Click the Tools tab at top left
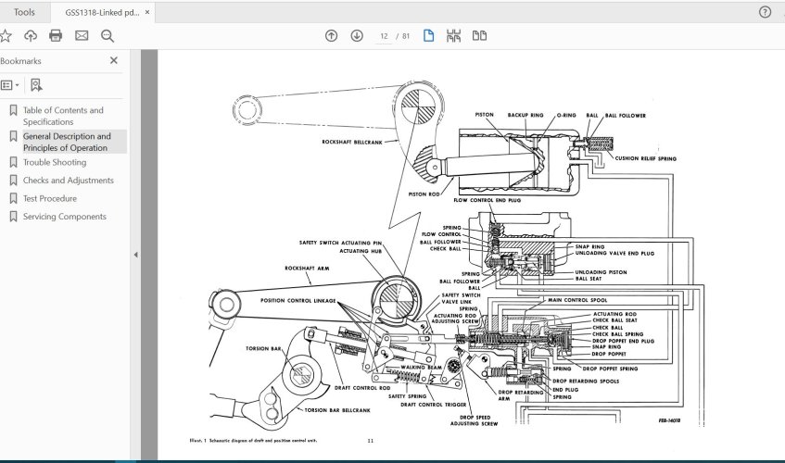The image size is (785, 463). click(24, 12)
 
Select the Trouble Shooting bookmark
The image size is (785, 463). click(54, 162)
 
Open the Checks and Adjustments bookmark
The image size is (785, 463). click(68, 181)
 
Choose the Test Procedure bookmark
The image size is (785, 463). click(49, 198)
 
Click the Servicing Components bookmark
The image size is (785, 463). click(64, 217)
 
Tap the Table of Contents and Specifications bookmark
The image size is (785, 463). click(62, 116)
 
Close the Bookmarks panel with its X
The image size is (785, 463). click(114, 60)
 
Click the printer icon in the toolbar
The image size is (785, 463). click(56, 36)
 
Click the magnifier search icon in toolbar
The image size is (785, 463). click(108, 36)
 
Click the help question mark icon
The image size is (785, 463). click(765, 12)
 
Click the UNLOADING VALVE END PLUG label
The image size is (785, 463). click(615, 253)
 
